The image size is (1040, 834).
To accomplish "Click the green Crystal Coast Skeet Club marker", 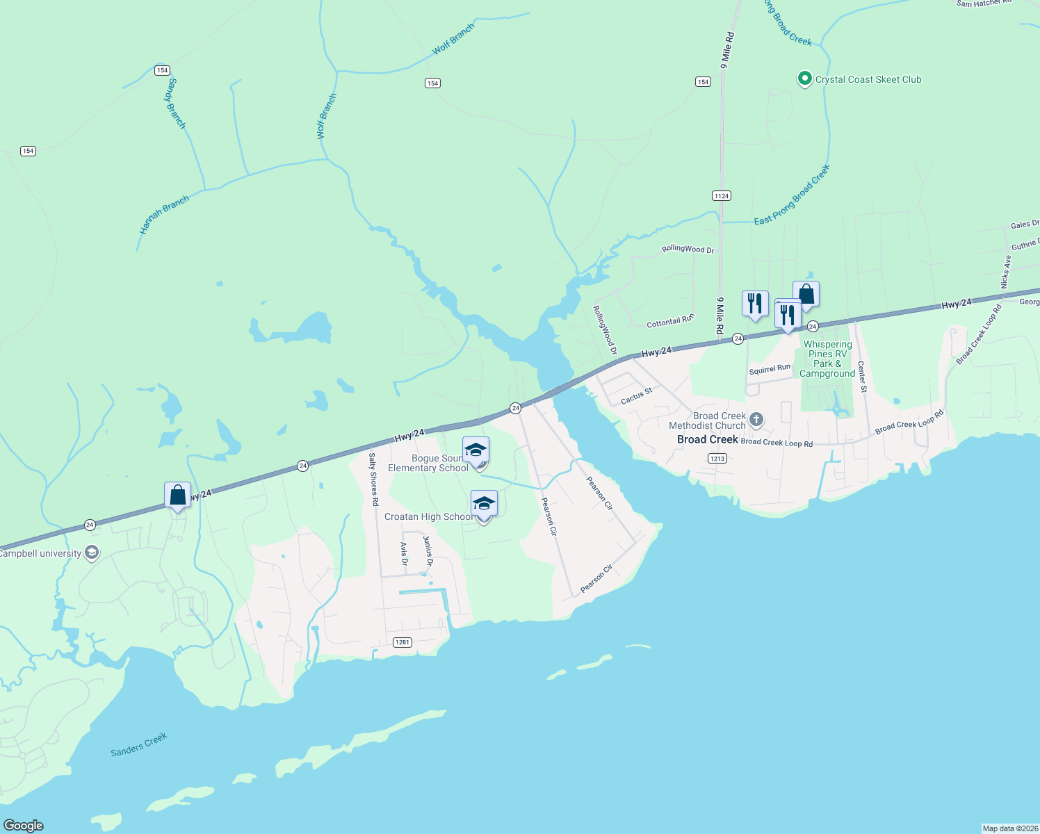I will click(x=804, y=79).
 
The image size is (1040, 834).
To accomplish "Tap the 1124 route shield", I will click(x=722, y=196).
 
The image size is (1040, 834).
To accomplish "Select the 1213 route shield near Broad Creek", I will click(x=717, y=458).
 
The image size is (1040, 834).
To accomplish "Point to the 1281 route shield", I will click(x=403, y=642).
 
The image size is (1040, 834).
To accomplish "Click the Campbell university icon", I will click(x=91, y=553).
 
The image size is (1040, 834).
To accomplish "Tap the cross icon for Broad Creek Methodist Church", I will click(x=756, y=420).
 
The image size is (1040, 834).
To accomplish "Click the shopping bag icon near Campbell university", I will click(x=177, y=496).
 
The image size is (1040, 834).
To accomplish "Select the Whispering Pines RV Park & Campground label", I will click(x=827, y=359).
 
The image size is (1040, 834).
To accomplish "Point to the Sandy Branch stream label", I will click(x=177, y=103).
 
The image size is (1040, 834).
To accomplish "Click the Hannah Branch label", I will click(x=164, y=215).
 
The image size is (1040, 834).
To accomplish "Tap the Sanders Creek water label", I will click(x=139, y=744).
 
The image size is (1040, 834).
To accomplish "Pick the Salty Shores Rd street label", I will click(x=373, y=479).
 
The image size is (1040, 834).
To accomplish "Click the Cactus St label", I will click(x=637, y=396).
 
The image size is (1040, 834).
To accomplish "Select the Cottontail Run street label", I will click(x=670, y=321).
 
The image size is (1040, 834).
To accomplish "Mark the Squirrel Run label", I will click(x=770, y=369).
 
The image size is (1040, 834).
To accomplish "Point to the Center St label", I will click(x=862, y=377).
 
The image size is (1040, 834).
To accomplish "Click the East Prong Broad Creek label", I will click(x=793, y=195).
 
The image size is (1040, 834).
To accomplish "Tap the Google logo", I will click(x=24, y=825).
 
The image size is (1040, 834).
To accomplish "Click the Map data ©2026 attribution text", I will click(x=1010, y=828).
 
